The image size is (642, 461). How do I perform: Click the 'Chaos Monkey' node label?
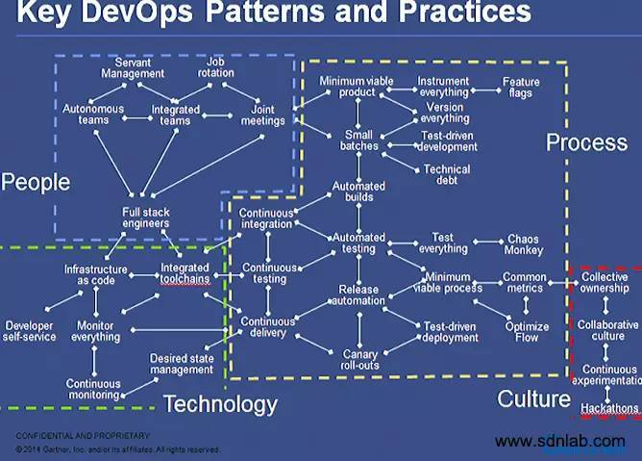tap(523, 243)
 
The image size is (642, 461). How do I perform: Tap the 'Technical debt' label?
tap(447, 174)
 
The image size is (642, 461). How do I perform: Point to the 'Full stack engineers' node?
tap(146, 218)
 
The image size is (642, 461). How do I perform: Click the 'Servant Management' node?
tap(132, 66)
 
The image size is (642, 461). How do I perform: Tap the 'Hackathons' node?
tap(608, 409)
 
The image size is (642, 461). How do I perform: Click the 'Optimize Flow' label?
tap(527, 332)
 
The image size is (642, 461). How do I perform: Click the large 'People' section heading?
tap(36, 182)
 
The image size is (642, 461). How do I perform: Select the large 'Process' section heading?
tap(586, 142)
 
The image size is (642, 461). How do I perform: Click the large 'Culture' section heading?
tap(533, 398)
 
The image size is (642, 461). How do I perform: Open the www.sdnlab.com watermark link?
tap(560, 442)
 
